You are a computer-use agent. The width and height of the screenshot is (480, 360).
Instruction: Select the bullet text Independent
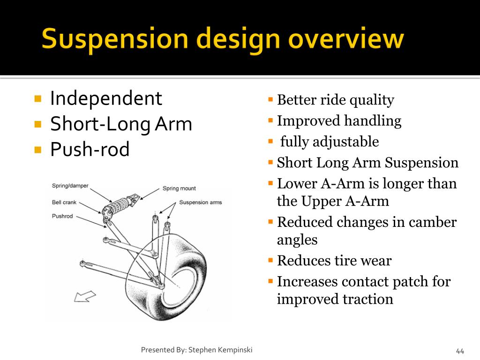click(106, 98)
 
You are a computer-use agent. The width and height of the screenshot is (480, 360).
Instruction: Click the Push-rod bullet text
click(90, 150)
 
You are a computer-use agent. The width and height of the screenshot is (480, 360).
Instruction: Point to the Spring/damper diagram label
click(70, 186)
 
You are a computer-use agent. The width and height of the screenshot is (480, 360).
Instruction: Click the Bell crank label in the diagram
click(64, 202)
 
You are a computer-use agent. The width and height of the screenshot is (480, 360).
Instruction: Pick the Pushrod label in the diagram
click(62, 216)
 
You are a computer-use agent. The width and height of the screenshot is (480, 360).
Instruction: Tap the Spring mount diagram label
click(179, 188)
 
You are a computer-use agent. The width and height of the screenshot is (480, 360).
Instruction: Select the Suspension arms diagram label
click(201, 202)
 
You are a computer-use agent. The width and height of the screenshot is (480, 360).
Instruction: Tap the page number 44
click(460, 351)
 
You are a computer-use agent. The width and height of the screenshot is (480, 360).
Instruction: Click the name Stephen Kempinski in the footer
click(220, 350)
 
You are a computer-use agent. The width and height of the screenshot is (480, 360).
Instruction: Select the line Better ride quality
click(335, 100)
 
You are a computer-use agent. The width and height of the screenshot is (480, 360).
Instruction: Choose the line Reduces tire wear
click(334, 260)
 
